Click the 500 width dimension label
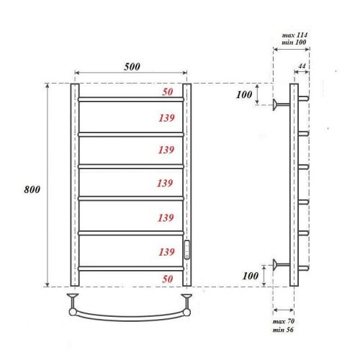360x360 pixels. pyautogui.click(x=130, y=66)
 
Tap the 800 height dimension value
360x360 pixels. pyautogui.click(x=31, y=189)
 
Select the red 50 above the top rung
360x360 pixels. pyautogui.click(x=166, y=92)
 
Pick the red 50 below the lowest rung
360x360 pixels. pyautogui.click(x=166, y=277)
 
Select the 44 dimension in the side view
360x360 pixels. pyautogui.click(x=301, y=66)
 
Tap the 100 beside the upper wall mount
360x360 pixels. pyautogui.click(x=245, y=95)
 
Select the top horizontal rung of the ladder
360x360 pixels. pyautogui.click(x=130, y=99)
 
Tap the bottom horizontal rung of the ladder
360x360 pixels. pyautogui.click(x=130, y=268)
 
